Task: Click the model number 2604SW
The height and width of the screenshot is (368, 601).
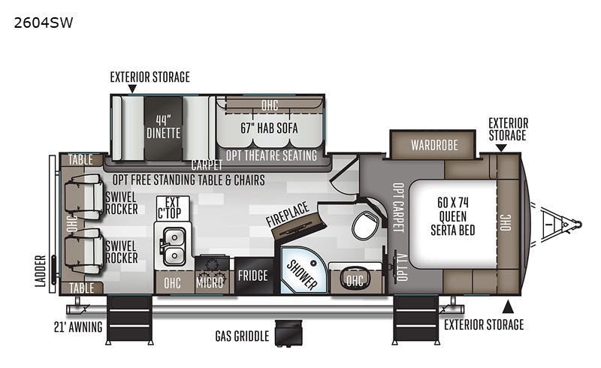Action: [x=43, y=23]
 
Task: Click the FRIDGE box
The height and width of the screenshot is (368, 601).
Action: [x=252, y=276]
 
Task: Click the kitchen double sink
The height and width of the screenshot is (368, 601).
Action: [x=174, y=244]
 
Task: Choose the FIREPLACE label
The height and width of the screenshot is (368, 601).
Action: [x=288, y=219]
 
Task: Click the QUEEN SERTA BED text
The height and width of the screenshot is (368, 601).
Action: [x=452, y=217]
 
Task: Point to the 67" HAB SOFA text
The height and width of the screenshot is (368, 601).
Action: [x=269, y=128]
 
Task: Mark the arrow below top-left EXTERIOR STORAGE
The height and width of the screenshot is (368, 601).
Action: [x=132, y=89]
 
